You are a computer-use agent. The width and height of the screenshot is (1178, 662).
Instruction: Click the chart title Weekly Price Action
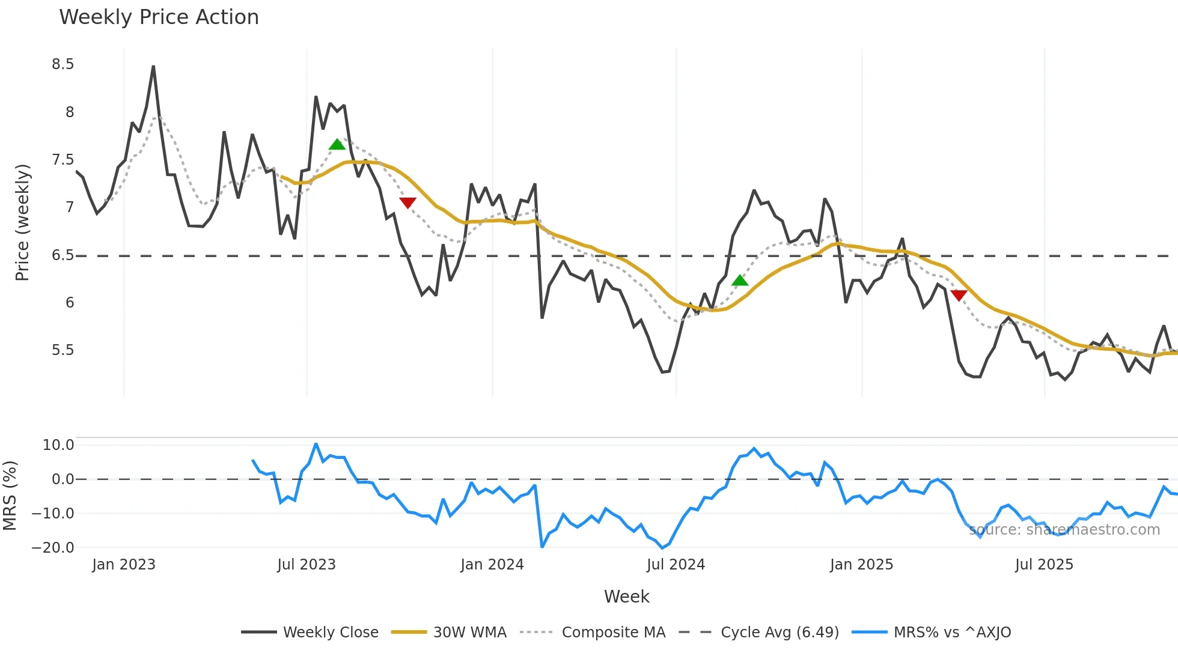[159, 17]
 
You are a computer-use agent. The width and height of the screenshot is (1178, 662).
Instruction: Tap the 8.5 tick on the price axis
[63, 64]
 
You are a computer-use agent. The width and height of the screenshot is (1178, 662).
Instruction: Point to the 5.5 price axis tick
[63, 350]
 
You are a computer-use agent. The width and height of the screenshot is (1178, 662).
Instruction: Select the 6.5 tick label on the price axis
[63, 255]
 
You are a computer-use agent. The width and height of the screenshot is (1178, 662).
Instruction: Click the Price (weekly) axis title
[22, 222]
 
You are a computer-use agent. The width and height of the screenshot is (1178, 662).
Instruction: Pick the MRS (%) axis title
[10, 496]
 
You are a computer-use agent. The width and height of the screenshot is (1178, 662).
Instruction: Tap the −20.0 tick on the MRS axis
[53, 548]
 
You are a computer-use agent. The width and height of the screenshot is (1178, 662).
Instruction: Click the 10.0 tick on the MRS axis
[58, 445]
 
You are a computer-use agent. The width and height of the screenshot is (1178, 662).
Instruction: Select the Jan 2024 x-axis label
[492, 565]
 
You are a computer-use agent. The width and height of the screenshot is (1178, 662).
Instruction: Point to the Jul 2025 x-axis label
[1044, 565]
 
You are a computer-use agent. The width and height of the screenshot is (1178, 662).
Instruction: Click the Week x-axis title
[626, 597]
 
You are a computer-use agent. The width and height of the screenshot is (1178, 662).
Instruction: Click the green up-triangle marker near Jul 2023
[337, 145]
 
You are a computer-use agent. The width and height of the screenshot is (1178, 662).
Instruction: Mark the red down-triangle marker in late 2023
[407, 203]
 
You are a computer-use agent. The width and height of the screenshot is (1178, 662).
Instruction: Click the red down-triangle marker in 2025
[959, 295]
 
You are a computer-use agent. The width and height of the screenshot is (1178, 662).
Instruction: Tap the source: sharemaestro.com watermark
[1064, 530]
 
